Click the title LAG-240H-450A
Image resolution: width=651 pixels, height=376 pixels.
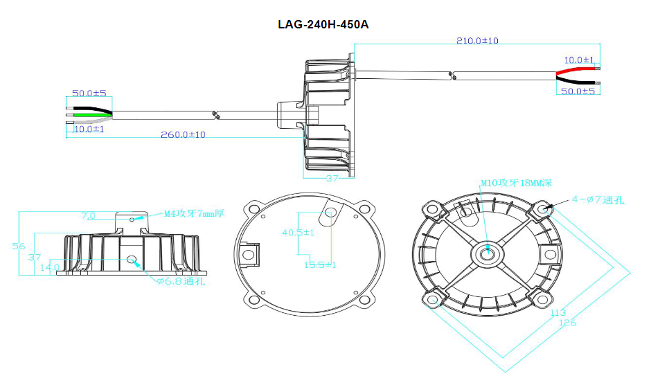(323, 24)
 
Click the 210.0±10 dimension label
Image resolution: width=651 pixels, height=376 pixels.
(477, 41)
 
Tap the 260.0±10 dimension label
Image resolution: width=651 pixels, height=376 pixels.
(183, 134)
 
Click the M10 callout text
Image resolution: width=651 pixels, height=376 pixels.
(516, 183)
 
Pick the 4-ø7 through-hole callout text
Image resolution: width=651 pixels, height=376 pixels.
(598, 199)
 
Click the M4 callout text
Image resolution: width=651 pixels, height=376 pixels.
(194, 214)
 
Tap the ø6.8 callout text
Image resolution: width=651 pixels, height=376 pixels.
(181, 281)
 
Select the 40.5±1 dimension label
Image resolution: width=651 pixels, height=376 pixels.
(298, 233)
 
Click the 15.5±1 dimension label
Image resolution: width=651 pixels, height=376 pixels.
(320, 265)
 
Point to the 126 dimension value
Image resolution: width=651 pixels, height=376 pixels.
(568, 323)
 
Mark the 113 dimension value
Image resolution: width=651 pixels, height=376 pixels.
(558, 312)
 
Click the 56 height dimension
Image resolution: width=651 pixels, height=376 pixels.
(19, 246)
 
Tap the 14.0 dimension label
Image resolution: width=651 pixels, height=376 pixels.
(50, 267)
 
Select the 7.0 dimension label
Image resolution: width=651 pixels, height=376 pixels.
(88, 216)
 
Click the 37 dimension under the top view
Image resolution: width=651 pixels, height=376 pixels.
(332, 178)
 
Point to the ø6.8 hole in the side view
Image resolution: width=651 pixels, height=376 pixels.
(132, 260)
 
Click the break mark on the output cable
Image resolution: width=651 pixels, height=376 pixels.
(453, 75)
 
